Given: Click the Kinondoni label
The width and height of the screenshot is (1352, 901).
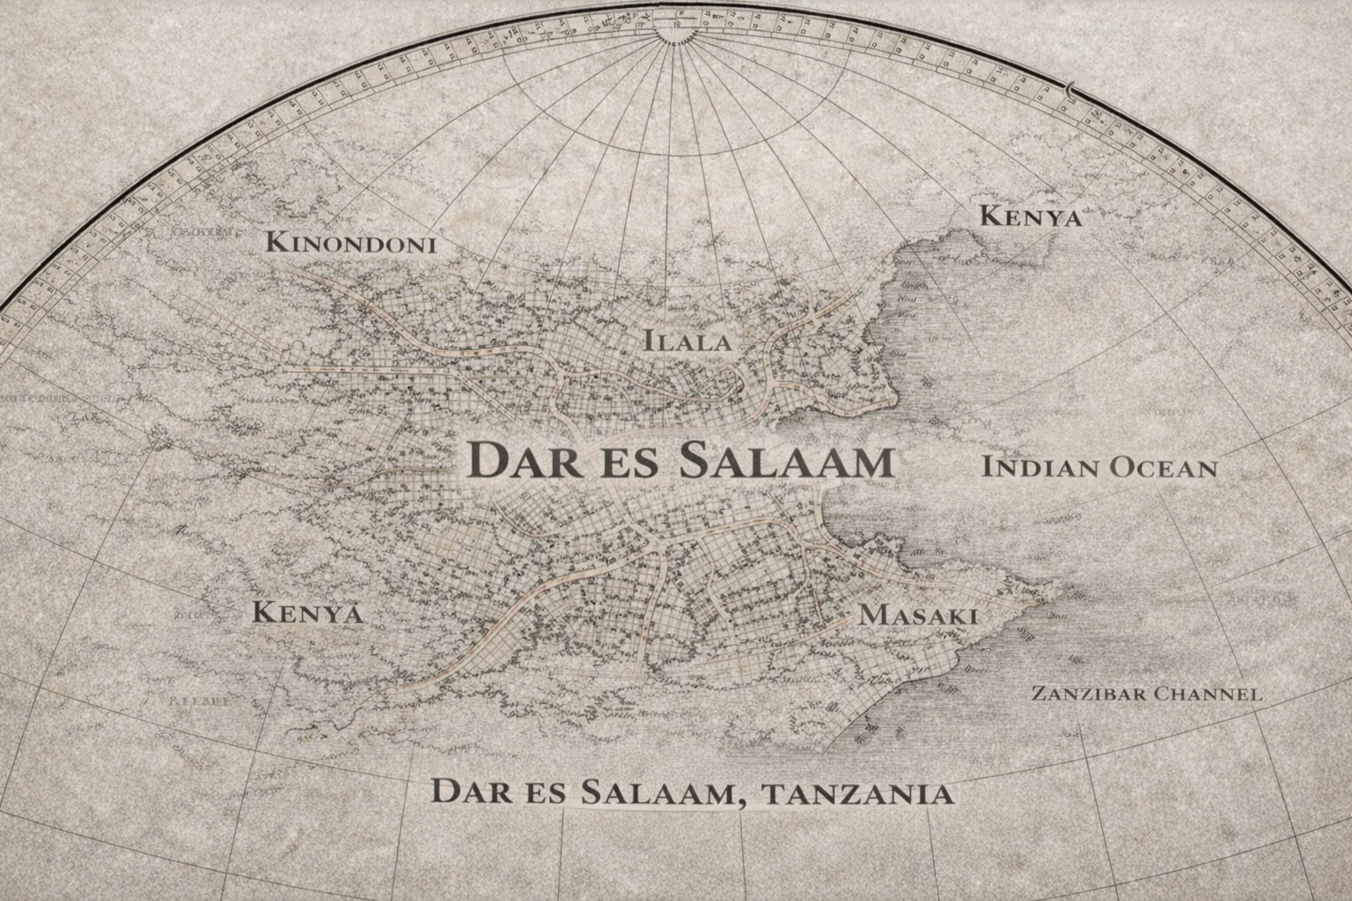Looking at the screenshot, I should pos(351,242).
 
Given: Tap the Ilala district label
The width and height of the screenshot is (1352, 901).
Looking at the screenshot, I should pos(687,341).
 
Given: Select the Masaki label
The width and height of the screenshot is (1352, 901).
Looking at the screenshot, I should pos(918,614).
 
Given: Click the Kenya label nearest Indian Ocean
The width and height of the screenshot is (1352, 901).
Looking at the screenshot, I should pos(1031,216).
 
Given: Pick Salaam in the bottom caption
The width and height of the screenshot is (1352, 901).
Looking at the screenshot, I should pos(657,792).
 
